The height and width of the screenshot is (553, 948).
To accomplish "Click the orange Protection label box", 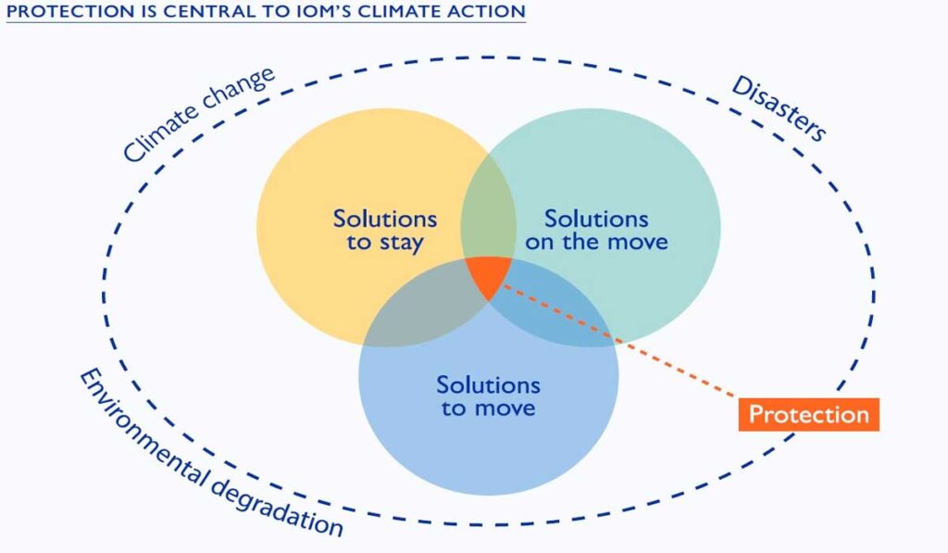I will [808, 414].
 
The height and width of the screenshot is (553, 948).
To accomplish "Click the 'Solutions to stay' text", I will [384, 232].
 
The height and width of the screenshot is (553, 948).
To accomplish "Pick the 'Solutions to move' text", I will [488, 396].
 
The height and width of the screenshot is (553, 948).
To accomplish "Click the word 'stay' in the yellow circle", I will [401, 244].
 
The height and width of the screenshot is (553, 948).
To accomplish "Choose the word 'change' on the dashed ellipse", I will [239, 90].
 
